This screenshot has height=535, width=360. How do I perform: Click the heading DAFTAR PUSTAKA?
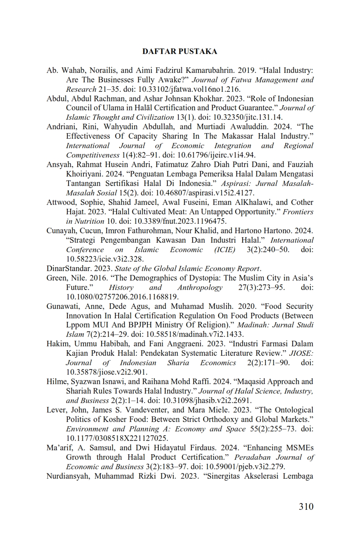click(180, 52)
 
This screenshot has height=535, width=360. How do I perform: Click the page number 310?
click(306, 506)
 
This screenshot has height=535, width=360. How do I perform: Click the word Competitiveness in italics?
click(93, 155)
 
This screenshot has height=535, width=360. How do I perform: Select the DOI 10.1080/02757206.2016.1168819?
click(122, 297)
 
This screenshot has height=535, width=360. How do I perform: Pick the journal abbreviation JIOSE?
click(301, 353)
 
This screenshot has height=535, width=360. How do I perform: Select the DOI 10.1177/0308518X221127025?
click(117, 438)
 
